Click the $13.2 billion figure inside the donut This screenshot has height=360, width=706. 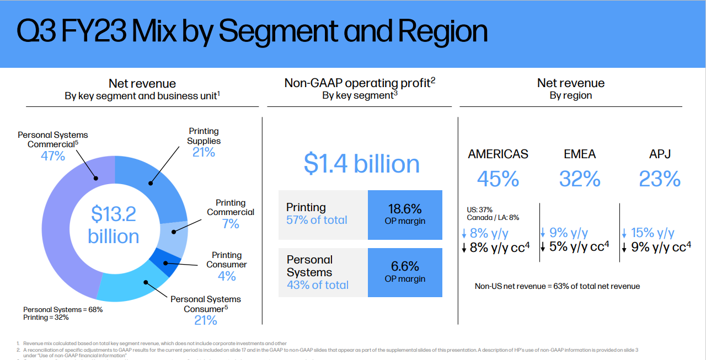point(114,225)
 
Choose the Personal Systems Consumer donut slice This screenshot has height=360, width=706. point(132,287)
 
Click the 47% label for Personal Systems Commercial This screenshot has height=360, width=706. point(53,156)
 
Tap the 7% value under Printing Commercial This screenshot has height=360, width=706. point(231,224)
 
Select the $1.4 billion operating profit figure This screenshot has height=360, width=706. point(361,164)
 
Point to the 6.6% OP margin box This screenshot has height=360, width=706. point(405,272)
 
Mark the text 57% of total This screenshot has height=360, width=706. point(317,220)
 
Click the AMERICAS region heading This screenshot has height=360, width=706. point(498,154)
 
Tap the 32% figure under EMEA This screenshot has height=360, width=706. point(580,179)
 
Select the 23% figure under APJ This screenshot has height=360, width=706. point(660,179)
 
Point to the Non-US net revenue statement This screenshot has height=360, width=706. point(557,286)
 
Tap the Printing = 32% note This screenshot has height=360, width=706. point(47,318)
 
